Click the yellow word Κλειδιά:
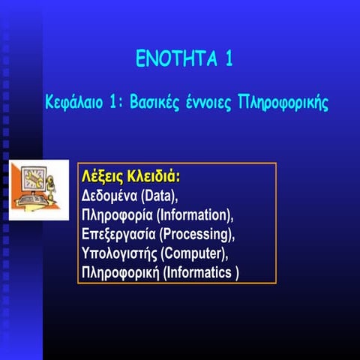(154, 177)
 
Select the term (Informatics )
(202, 272)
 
